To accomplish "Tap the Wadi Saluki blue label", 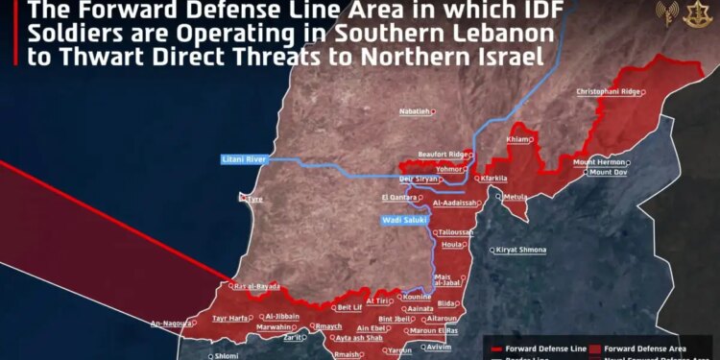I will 402,220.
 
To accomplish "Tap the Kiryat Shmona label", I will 521,250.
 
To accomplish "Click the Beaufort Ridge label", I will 443,154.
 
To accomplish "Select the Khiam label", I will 517,139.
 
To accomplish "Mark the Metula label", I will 516,196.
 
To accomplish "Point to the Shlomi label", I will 227,354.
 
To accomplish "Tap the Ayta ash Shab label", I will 360,338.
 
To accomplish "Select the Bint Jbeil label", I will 396,319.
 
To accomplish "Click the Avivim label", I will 438,346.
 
